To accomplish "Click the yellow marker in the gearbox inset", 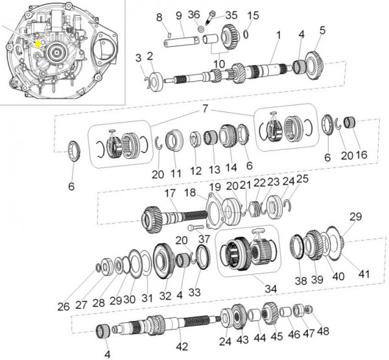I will tap(38, 44).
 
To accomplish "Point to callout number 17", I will tap(170, 193).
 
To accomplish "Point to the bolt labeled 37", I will tap(196, 227).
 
